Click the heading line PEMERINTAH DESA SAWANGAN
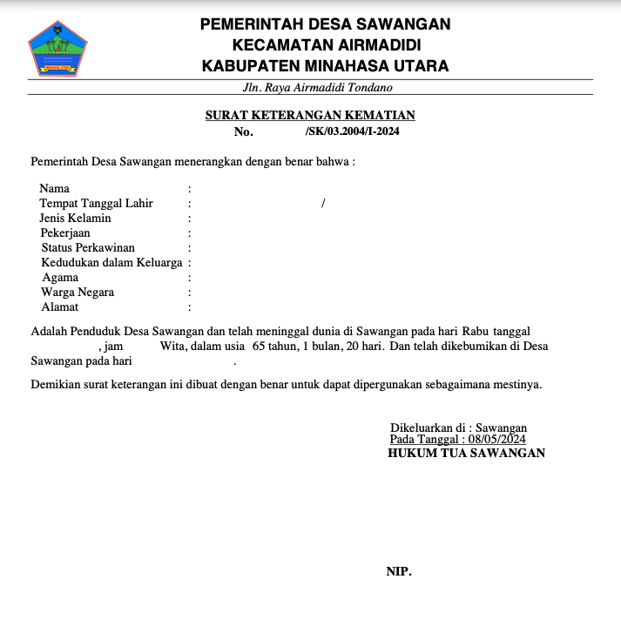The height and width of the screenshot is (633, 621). coord(326,24)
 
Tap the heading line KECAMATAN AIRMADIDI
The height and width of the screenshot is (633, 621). coord(326,44)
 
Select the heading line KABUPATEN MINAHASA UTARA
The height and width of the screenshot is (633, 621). coord(326,65)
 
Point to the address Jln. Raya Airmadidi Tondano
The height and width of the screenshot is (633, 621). coord(318,87)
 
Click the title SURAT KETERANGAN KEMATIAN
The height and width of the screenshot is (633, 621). coord(310,115)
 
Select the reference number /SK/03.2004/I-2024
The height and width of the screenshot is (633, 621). coord(353,131)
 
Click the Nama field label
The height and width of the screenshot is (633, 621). coord(55,188)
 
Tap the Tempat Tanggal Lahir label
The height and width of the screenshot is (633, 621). coord(96,203)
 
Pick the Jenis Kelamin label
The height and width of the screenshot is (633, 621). coord(76,218)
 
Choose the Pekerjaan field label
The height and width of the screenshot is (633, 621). coord(65,232)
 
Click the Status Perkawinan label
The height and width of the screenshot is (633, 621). coord(88,247)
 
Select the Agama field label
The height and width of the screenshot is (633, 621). coord(60,277)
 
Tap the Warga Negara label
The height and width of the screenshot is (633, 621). coord(78,292)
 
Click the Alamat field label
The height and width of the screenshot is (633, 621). coord(60,306)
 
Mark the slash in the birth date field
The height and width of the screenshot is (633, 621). coord(323,203)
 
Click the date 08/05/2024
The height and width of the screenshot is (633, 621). coord(496,440)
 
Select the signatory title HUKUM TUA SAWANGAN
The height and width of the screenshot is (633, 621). coord(466,453)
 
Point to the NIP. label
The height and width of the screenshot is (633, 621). coord(399,572)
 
